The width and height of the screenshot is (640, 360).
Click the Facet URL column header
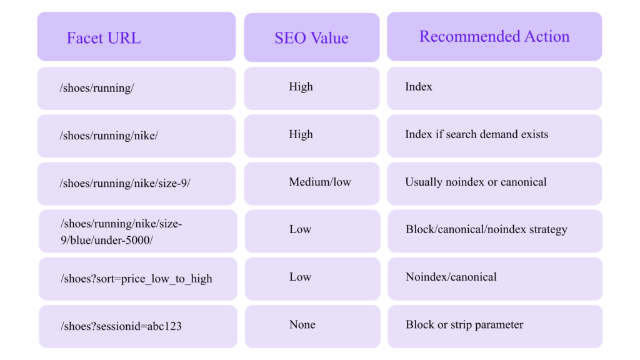point(136,37)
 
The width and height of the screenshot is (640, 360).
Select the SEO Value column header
point(311,37)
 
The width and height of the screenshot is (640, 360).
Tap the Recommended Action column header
point(494,36)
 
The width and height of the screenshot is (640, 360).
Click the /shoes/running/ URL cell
point(136,88)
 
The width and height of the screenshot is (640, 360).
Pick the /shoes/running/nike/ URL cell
point(136,136)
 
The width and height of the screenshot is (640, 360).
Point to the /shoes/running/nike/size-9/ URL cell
point(136,183)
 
